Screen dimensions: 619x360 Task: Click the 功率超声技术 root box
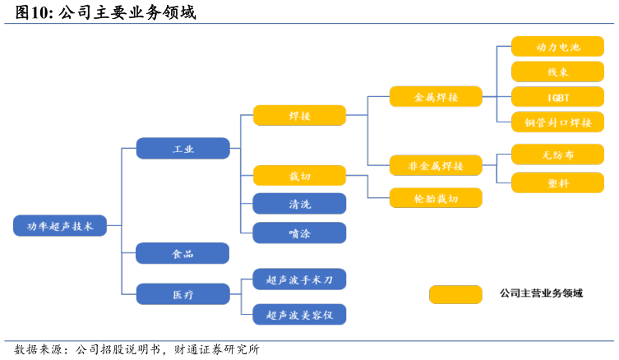pos(60,226)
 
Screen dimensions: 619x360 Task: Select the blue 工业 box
pos(182,149)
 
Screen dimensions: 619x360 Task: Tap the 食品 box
pos(182,253)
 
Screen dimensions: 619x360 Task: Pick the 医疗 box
pos(182,294)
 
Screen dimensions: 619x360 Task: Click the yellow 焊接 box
pos(299,115)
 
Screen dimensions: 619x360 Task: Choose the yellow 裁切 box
pos(299,176)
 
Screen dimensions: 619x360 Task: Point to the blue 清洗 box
pos(299,204)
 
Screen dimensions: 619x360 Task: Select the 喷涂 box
pos(299,233)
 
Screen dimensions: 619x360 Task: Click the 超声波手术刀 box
pos(299,279)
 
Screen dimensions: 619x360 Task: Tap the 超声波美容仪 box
pos(299,315)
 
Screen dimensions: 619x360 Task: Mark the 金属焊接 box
pos(436,97)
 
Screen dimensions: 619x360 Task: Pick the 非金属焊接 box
pos(436,165)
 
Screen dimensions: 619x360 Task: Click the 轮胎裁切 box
pos(436,198)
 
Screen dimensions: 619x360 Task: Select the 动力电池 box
pos(558,47)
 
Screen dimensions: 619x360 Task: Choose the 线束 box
pos(558,72)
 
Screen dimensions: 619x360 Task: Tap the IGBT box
pos(558,97)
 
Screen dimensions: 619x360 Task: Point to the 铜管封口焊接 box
pos(558,122)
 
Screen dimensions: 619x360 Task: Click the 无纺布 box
pos(558,155)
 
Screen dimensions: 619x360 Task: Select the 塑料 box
pos(558,182)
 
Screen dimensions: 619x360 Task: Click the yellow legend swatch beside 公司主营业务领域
pos(455,294)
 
